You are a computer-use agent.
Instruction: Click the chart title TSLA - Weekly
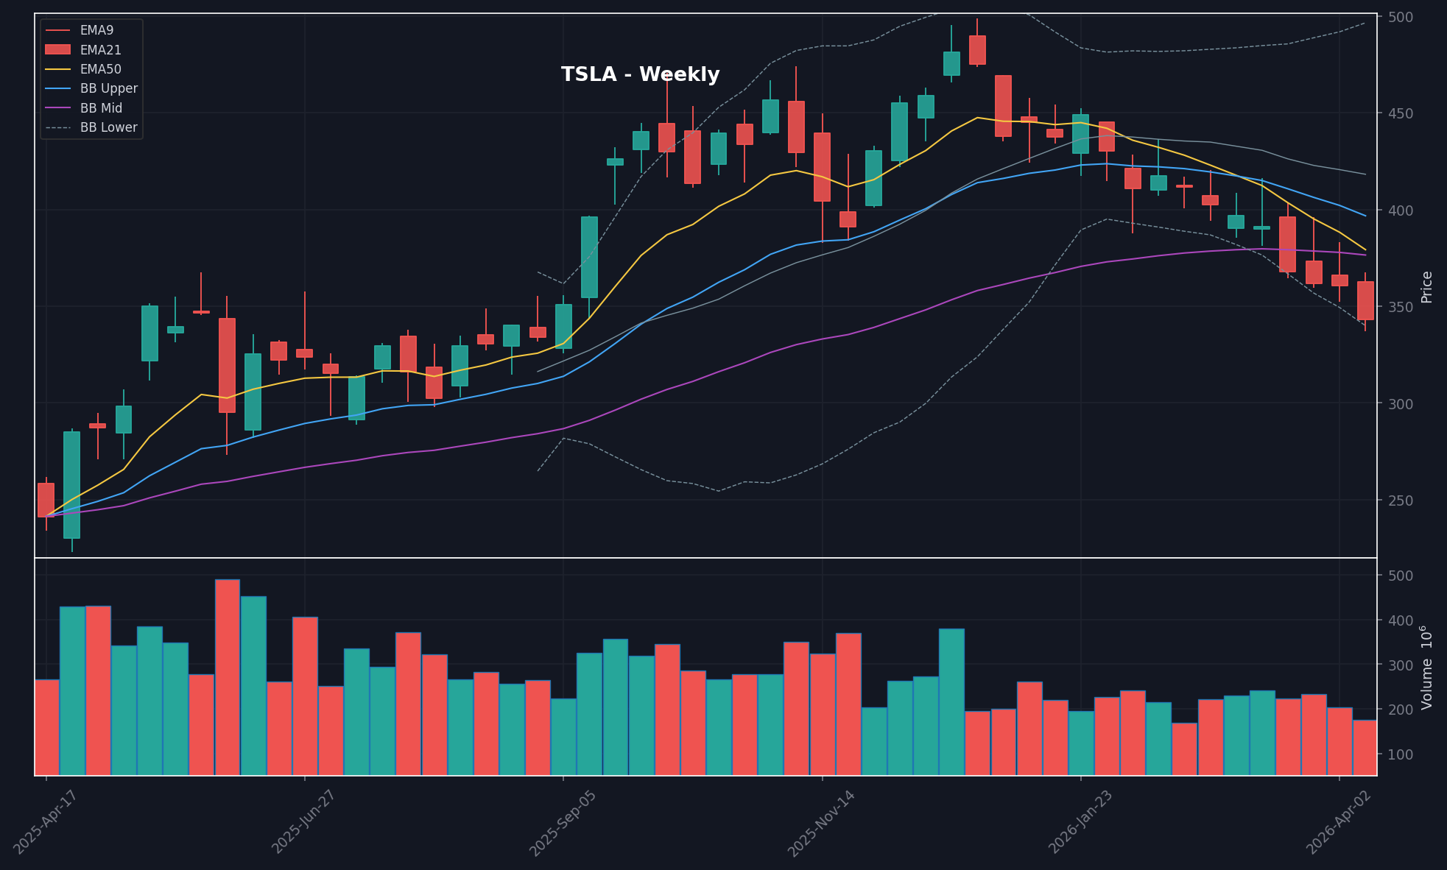tap(640, 74)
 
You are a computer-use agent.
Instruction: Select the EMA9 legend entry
tap(96, 30)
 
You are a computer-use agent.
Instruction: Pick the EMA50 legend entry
tap(100, 69)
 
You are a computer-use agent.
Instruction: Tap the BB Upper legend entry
tap(108, 88)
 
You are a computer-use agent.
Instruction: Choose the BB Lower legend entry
tap(108, 127)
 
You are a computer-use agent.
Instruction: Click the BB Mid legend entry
tap(101, 108)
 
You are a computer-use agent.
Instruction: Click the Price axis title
tap(1427, 287)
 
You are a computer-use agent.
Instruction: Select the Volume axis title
tap(1427, 667)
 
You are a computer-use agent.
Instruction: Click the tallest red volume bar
tap(228, 677)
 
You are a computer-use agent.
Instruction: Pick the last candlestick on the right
tap(1365, 300)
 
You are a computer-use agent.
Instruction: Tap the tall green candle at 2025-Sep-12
tap(589, 257)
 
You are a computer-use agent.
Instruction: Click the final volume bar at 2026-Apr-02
tap(1365, 747)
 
